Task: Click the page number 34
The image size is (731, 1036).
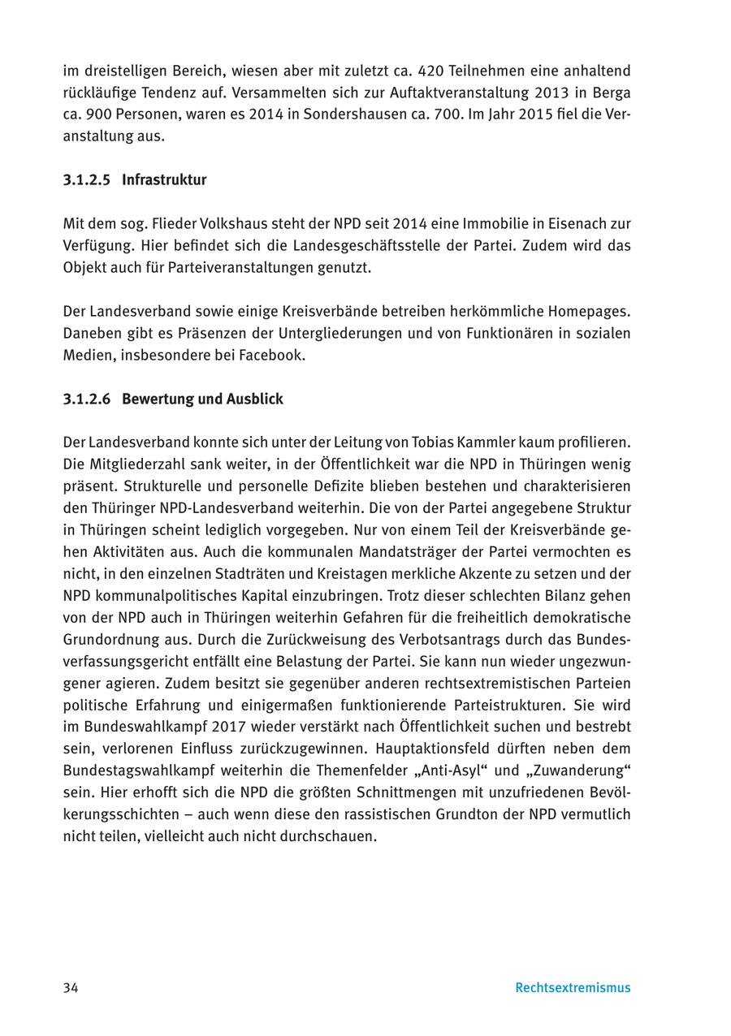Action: [71, 988]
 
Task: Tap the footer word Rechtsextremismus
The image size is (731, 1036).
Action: [573, 988]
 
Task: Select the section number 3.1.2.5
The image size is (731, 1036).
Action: [87, 180]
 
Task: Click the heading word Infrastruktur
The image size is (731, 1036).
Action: [164, 180]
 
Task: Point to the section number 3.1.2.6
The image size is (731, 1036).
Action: [87, 399]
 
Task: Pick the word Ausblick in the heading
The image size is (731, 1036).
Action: [256, 399]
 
